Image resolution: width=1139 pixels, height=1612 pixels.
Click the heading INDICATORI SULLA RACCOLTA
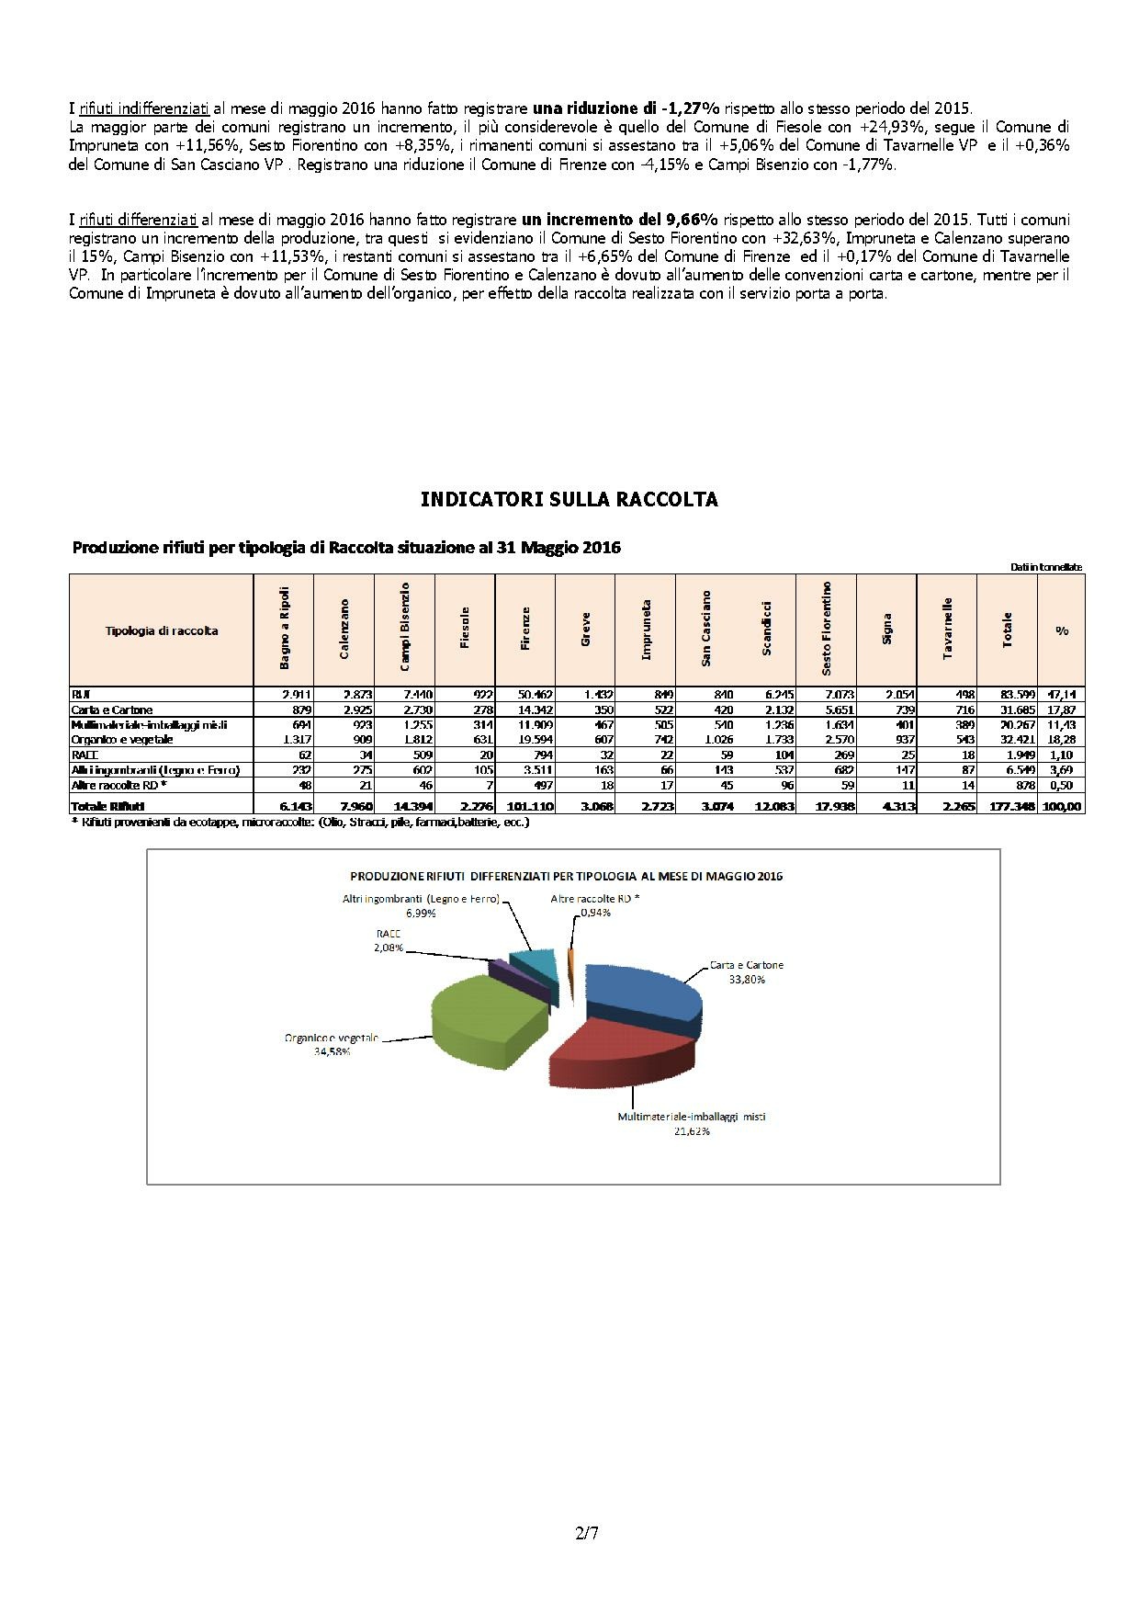point(569,500)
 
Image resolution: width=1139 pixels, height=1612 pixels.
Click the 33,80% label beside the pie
point(746,980)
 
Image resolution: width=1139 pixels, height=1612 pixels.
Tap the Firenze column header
point(525,630)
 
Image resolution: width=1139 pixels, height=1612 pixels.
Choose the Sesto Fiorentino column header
point(827,630)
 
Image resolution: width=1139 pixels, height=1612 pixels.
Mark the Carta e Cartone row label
point(112,710)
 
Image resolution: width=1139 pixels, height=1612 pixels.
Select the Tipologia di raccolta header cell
point(162,631)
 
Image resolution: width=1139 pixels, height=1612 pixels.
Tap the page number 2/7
point(587,1533)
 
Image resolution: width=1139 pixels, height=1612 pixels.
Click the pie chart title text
point(566,877)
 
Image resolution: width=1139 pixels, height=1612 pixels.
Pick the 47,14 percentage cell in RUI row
point(1062,696)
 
